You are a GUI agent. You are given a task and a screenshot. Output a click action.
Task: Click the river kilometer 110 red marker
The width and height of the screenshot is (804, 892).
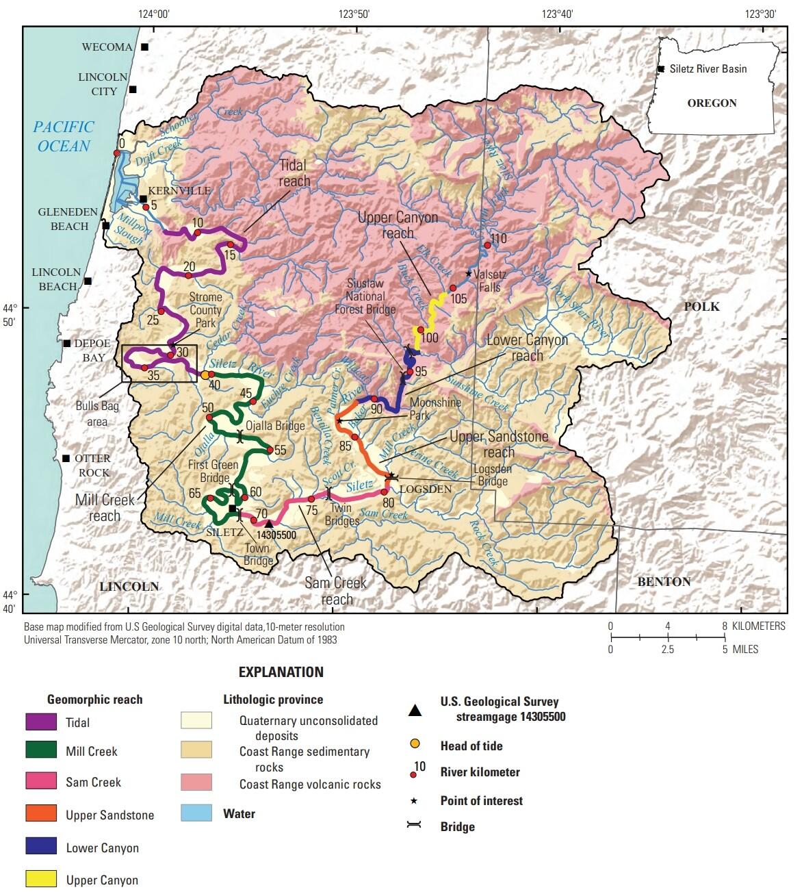[487, 245]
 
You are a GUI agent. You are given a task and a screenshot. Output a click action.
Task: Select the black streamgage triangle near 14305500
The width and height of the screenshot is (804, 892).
[268, 524]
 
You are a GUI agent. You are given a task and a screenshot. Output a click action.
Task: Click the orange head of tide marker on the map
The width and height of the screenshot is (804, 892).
[205, 374]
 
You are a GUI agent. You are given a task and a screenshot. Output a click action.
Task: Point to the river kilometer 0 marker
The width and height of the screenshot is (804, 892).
[116, 153]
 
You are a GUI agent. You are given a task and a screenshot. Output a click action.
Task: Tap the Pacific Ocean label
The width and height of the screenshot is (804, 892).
[64, 136]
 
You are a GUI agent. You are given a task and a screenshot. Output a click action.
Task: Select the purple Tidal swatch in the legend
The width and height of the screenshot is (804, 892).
[41, 722]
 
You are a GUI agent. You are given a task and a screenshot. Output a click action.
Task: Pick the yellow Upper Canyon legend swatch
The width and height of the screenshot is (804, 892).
[41, 879]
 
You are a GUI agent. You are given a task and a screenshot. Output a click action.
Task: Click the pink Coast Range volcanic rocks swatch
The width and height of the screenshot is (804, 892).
[196, 782]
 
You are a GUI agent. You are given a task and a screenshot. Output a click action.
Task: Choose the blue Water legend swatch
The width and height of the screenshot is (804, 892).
[196, 813]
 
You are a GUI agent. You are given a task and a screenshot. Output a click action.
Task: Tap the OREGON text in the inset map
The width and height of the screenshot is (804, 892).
[712, 103]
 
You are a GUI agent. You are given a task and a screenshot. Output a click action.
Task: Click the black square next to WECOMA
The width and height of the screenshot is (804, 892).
[144, 47]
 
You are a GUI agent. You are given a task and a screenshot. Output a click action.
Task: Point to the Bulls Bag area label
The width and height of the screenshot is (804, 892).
[97, 413]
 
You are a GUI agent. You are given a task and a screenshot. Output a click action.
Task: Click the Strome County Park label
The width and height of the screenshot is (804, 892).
[205, 310]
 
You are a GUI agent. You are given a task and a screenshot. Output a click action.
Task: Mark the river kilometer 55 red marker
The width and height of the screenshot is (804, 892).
[270, 450]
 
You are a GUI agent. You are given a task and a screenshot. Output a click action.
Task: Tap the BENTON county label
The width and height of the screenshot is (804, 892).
[664, 582]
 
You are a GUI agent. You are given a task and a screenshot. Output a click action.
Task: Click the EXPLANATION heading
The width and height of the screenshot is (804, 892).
[281, 672]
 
